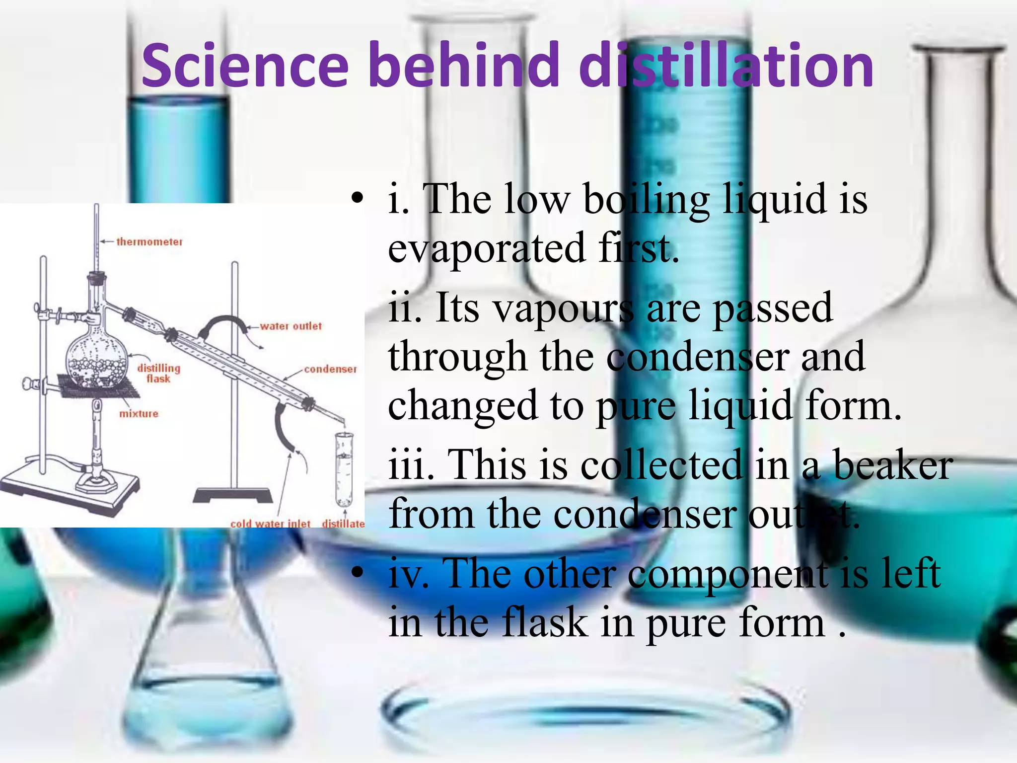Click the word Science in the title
click(245, 66)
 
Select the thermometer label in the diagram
click(149, 242)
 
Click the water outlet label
click(291, 326)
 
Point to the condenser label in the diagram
click(330, 369)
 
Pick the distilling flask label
click(158, 373)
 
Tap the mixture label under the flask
click(139, 414)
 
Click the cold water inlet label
click(270, 523)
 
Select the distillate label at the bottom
click(343, 523)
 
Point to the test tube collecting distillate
click(344, 467)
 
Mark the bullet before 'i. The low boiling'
click(357, 199)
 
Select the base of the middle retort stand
click(232, 495)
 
